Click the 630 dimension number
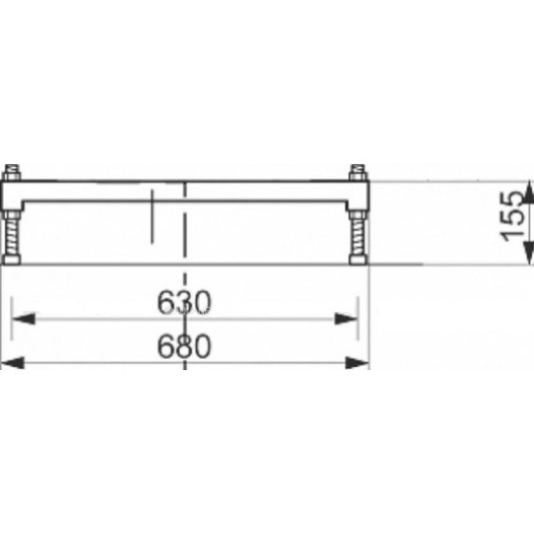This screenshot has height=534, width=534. pos(184,303)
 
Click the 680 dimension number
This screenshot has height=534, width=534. pos(184,346)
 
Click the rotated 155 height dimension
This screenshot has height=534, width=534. pos(512,215)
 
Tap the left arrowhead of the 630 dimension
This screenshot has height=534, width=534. pos(23,319)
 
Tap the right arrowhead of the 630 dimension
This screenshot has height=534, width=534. pos(346,319)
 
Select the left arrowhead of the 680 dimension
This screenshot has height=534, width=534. pos(13,363)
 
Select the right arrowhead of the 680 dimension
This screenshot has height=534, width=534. pos(357,363)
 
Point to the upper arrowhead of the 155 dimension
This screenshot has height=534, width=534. pos(527,193)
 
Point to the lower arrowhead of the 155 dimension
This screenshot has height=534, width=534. pos(527,252)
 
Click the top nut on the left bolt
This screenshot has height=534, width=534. pos(12,172)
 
